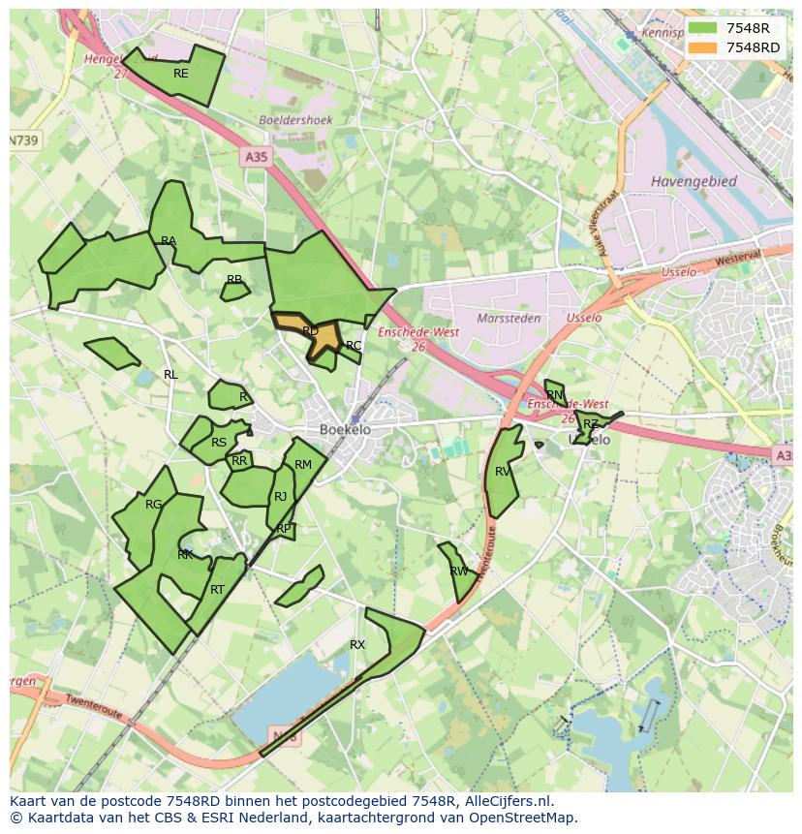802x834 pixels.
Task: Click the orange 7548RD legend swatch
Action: [x=703, y=47]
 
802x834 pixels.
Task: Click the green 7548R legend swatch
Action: [x=703, y=28]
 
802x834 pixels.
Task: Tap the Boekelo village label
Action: [x=345, y=429]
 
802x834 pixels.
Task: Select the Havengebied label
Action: [x=694, y=181]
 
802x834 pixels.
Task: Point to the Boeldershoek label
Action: [x=296, y=120]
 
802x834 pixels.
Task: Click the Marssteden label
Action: [x=509, y=318]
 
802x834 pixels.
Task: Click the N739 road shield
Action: [x=24, y=140]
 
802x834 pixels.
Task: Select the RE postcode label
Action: [x=181, y=74]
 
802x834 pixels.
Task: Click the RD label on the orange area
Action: [x=310, y=331]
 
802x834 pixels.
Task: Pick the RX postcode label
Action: [x=357, y=644]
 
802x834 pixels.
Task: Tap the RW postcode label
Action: [x=459, y=571]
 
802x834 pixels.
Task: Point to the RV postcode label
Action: [x=503, y=472]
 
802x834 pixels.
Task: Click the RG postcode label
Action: [x=153, y=505]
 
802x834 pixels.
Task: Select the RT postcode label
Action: [x=217, y=589]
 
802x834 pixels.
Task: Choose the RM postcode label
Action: [x=303, y=465]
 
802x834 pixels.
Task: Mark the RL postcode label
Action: [x=170, y=375]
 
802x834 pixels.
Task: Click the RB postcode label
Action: [x=234, y=280]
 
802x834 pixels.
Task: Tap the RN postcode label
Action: [x=554, y=395]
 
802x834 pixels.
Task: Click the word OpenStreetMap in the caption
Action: [x=525, y=818]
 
